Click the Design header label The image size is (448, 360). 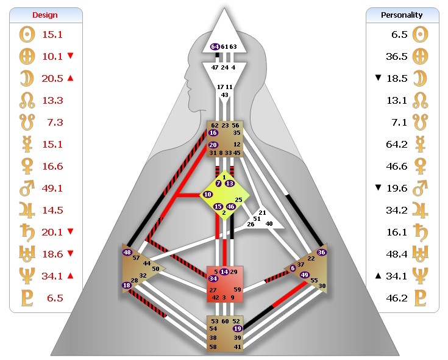[x=46, y=15]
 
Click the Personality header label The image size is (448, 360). [x=402, y=15]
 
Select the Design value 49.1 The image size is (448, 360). [x=52, y=189]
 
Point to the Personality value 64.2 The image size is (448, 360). [x=396, y=145]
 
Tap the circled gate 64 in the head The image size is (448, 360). [x=215, y=46]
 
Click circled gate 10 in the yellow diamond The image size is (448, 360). [x=208, y=194]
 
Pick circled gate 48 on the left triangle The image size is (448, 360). [x=127, y=253]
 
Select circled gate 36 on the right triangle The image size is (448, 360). [x=322, y=253]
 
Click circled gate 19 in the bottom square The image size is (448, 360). [x=238, y=329]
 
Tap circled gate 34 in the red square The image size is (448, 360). [x=213, y=278]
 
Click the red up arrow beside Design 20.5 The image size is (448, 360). [x=71, y=78]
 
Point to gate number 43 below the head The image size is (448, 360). [x=225, y=95]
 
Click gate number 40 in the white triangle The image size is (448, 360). [x=269, y=223]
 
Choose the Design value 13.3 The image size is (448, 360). [x=52, y=100]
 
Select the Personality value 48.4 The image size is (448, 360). [x=396, y=254]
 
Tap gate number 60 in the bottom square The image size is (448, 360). [x=226, y=321]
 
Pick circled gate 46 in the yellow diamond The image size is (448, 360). [x=231, y=207]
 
